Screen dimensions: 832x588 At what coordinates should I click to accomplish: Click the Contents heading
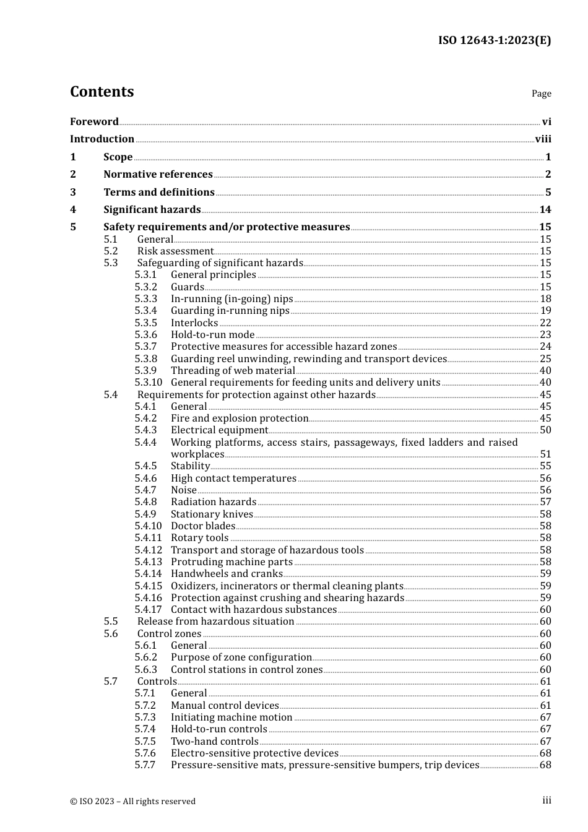[102, 92]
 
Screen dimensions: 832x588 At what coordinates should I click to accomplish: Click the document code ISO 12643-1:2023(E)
[495, 40]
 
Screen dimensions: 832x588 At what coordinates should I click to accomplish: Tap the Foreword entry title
[94, 121]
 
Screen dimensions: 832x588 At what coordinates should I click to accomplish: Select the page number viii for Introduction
[543, 139]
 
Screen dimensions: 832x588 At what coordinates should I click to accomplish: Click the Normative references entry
[158, 174]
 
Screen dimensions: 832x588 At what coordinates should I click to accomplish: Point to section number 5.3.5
[146, 323]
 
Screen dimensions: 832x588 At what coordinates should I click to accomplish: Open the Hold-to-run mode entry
[212, 334]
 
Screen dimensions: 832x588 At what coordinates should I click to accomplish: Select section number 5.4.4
[146, 442]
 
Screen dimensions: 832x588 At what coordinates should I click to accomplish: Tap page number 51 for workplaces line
[545, 454]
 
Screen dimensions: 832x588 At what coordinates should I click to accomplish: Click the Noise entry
[183, 490]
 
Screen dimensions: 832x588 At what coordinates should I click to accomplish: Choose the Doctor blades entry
[203, 526]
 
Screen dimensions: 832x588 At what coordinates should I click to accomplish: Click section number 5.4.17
[148, 609]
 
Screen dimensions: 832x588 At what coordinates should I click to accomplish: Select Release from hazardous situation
[215, 621]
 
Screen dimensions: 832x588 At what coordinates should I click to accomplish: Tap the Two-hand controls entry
[214, 741]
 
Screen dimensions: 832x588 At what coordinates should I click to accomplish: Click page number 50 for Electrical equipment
[545, 430]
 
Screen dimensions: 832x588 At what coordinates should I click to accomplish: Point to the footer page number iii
[547, 800]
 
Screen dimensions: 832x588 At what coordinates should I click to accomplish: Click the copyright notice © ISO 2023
[132, 801]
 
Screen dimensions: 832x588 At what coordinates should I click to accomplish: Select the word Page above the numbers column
[541, 93]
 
